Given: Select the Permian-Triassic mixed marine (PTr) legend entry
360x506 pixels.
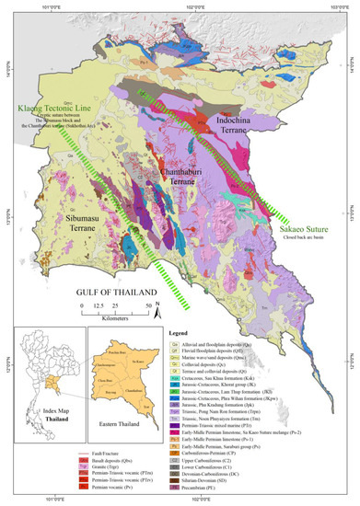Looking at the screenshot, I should (226, 406).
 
